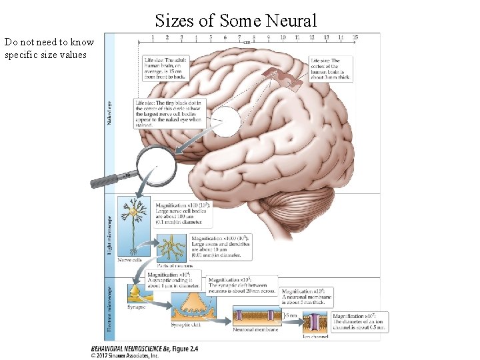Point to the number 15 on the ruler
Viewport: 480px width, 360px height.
pyautogui.click(x=355, y=38)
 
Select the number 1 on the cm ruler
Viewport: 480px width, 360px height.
pyautogui.click(x=153, y=38)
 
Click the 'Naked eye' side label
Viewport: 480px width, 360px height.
pyautogui.click(x=110, y=113)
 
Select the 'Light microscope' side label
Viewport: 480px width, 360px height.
pyautogui.click(x=110, y=234)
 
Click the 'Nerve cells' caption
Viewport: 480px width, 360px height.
pyautogui.click(x=130, y=260)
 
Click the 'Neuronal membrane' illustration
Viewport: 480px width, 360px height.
pyautogui.click(x=255, y=316)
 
